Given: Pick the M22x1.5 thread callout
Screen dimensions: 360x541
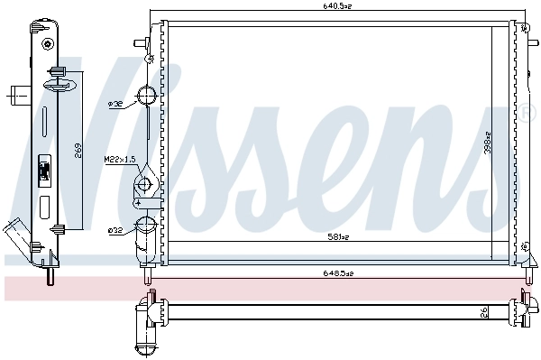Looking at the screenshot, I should click(x=118, y=160).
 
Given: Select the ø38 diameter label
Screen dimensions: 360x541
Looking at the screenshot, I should click(x=115, y=105).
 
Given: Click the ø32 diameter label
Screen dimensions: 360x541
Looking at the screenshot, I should click(x=115, y=231).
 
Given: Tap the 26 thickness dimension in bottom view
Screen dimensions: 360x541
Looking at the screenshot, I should click(x=483, y=314).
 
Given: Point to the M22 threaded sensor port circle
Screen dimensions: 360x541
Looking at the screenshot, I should click(x=144, y=186).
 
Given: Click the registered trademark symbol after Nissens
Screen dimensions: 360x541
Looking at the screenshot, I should click(x=527, y=112).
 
